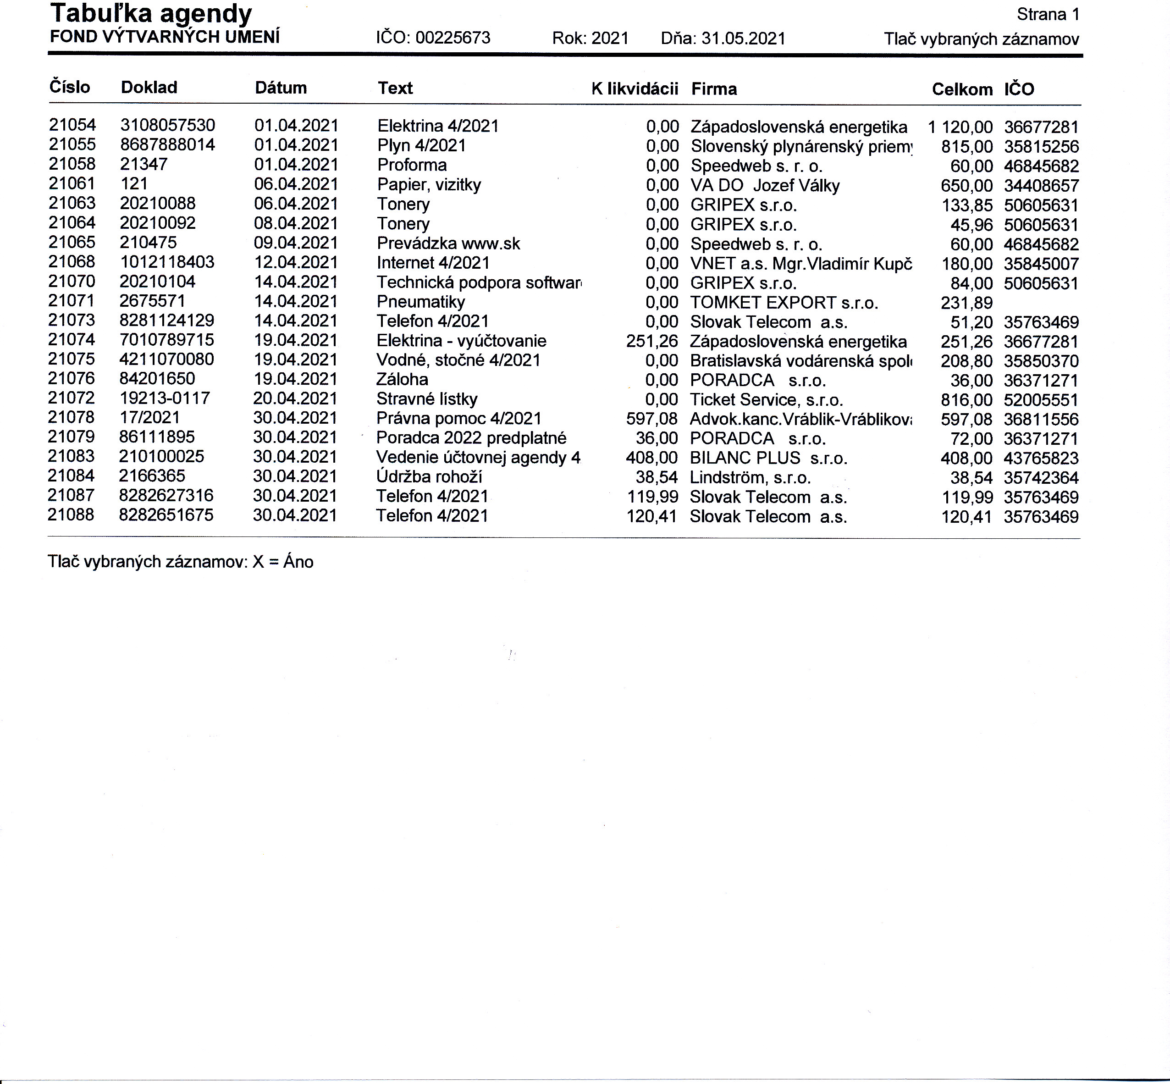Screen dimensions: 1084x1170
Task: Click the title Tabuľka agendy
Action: tap(151, 14)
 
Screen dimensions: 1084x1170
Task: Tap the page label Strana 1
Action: tap(1048, 15)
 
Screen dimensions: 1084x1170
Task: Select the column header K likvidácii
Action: tap(635, 88)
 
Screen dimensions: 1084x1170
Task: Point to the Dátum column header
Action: tap(281, 88)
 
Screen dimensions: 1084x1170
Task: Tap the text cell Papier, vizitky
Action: tap(429, 185)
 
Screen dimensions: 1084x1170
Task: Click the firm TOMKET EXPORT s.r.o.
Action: tap(784, 303)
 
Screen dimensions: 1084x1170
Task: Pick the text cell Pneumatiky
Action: tap(420, 302)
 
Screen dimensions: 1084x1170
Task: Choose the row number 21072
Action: tap(71, 398)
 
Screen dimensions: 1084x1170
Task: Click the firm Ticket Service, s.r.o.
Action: tap(766, 400)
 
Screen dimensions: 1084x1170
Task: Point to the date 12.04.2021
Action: tap(296, 263)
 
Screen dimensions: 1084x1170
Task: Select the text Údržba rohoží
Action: tap(429, 477)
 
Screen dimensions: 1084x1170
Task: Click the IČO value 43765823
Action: tap(1041, 458)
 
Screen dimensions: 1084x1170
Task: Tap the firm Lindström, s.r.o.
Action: tap(750, 477)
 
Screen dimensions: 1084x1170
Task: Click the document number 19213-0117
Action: tap(164, 399)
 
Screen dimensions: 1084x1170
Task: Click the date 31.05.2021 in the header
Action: tap(743, 39)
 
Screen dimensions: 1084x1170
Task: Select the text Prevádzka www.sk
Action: tap(448, 243)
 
